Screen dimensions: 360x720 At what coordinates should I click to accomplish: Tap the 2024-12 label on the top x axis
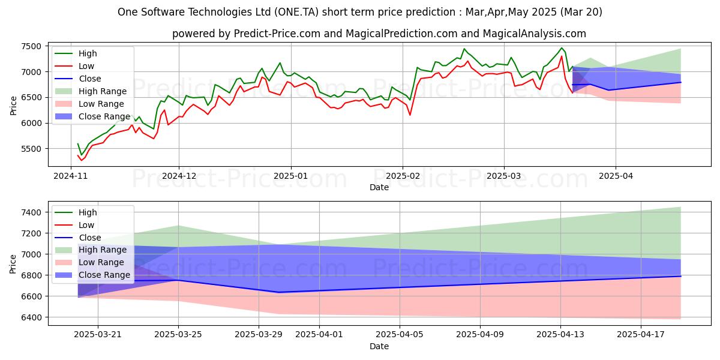pyautogui.click(x=179, y=176)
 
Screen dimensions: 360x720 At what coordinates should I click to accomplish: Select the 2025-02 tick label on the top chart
pyautogui.click(x=403, y=176)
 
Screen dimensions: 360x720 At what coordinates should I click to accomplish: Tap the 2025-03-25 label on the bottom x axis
pyautogui.click(x=178, y=334)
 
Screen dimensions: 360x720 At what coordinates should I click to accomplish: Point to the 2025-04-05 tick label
pyautogui.click(x=400, y=334)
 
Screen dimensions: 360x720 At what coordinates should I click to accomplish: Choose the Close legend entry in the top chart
pyautogui.click(x=90, y=79)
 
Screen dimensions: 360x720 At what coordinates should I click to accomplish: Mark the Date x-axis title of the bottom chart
pyautogui.click(x=379, y=346)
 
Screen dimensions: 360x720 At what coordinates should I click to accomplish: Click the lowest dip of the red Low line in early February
pyautogui.click(x=410, y=115)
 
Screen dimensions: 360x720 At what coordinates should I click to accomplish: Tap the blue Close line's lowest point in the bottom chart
pyautogui.click(x=278, y=292)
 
